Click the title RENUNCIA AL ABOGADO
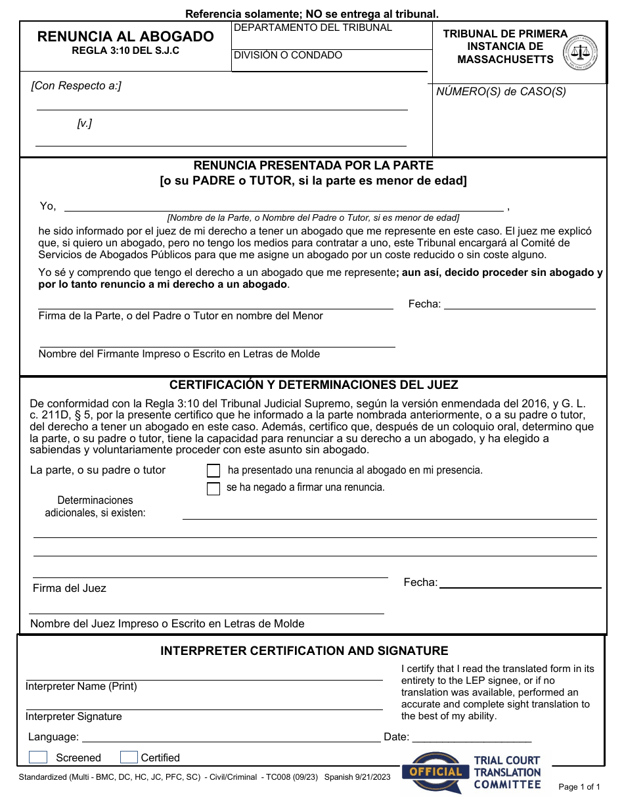click(x=125, y=37)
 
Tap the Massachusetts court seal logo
click(x=581, y=52)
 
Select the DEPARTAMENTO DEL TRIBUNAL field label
click(x=313, y=28)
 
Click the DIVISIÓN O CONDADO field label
click(x=288, y=55)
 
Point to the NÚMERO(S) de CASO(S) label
click(x=501, y=92)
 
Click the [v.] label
click(x=85, y=123)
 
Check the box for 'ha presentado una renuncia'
click(x=213, y=470)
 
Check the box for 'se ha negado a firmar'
click(x=213, y=488)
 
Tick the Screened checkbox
click(x=38, y=757)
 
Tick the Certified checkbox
click(x=129, y=757)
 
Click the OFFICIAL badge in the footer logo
click(x=435, y=771)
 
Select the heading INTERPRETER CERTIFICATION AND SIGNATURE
click(x=304, y=651)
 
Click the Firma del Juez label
click(x=70, y=589)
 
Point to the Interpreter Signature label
click(x=74, y=717)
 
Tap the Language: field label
click(x=53, y=737)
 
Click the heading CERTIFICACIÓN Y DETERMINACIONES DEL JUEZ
click(x=314, y=385)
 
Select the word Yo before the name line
click(x=48, y=206)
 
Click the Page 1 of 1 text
click(x=579, y=786)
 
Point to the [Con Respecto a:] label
click(x=76, y=86)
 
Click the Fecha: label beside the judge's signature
click(x=420, y=583)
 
